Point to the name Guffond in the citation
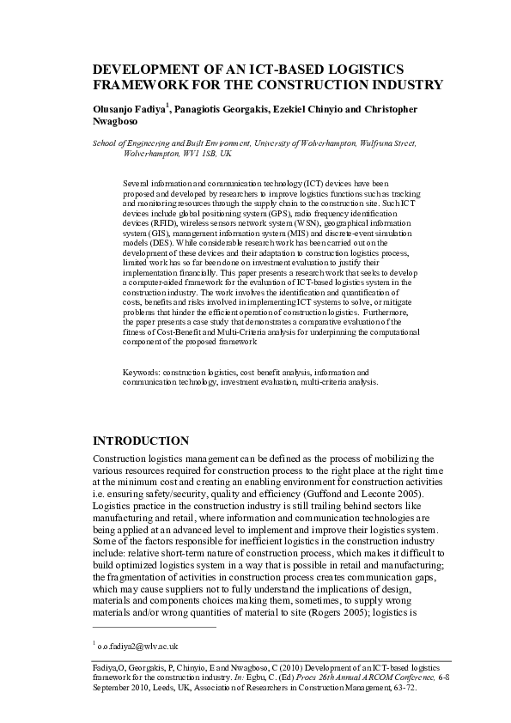tap(322, 483)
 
